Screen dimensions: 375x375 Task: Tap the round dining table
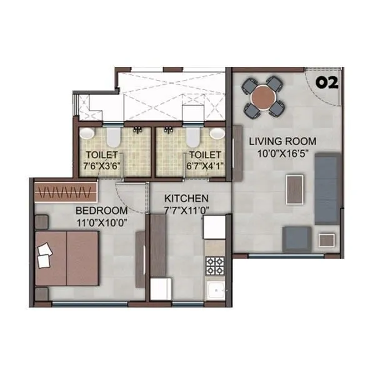pyautogui.click(x=264, y=96)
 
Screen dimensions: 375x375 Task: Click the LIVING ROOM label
pyautogui.click(x=282, y=141)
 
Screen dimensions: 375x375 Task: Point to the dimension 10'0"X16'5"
pyautogui.click(x=282, y=152)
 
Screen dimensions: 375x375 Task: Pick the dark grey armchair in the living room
pyautogui.click(x=297, y=239)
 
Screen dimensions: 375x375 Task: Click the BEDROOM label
pyautogui.click(x=101, y=211)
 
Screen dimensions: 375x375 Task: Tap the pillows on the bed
pyautogui.click(x=45, y=254)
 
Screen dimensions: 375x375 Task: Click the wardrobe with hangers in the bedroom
pyautogui.click(x=66, y=191)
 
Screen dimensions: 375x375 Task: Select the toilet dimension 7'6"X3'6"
pyautogui.click(x=102, y=165)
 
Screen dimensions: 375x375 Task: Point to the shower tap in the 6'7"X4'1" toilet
pyautogui.click(x=167, y=131)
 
